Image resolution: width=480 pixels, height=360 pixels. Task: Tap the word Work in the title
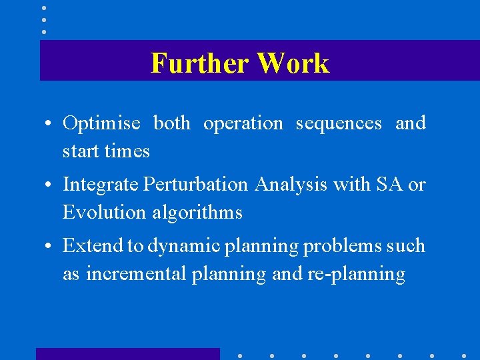tap(293, 63)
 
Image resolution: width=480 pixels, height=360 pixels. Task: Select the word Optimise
tap(101, 124)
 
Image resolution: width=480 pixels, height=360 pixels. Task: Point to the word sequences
tap(339, 124)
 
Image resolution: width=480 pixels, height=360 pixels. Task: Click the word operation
tap(243, 124)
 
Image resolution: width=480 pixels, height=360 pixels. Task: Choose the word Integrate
tap(101, 185)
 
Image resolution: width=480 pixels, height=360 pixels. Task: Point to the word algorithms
tap(197, 213)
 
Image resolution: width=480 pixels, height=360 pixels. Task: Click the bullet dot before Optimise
tap(49, 125)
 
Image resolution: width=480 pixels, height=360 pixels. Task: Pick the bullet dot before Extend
tap(49, 247)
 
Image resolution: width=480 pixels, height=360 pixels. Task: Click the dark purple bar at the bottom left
tap(127, 354)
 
